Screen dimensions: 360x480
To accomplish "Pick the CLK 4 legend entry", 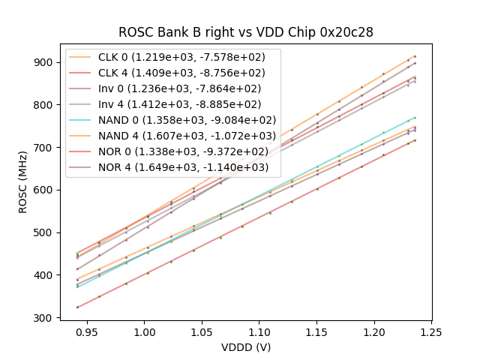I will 187,73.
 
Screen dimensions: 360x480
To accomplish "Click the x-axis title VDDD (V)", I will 246,347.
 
